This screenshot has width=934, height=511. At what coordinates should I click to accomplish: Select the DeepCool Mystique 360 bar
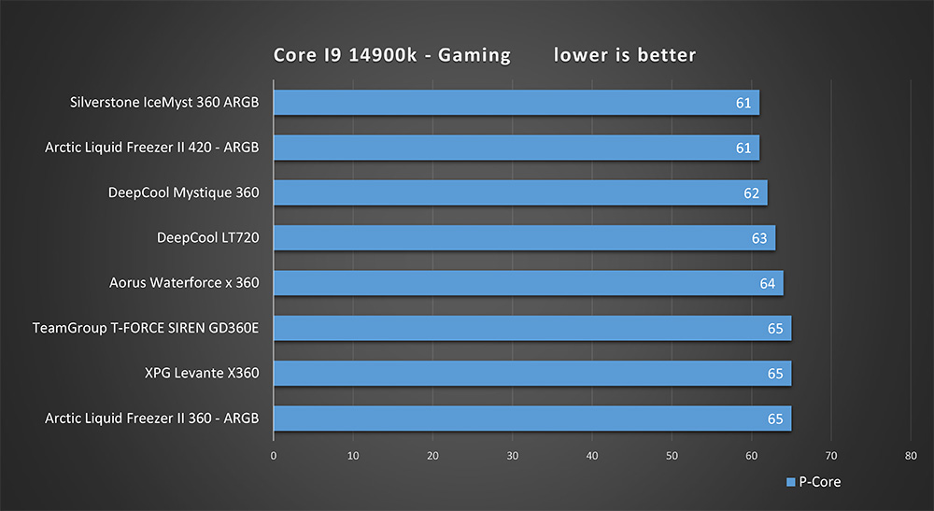coord(519,193)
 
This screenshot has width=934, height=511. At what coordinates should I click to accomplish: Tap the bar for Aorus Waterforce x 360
coord(528,283)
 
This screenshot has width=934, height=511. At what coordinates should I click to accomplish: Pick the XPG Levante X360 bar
coord(531,374)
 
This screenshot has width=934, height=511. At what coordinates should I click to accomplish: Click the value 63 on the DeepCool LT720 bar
coord(759,238)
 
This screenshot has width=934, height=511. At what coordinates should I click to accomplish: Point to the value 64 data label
coord(767,283)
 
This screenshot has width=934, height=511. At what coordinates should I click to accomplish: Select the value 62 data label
coord(751,193)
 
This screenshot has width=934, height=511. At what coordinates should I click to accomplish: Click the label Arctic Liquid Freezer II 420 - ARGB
coord(151,148)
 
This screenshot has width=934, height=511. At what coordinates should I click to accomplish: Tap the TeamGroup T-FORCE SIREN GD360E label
coord(145,328)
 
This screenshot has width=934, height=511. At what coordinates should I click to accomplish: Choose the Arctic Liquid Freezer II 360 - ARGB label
coord(151,418)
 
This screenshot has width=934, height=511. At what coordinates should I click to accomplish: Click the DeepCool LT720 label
coord(207,238)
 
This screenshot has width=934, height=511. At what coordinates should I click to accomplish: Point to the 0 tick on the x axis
coord(273,456)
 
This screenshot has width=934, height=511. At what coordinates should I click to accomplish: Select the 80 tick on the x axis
coord(911,456)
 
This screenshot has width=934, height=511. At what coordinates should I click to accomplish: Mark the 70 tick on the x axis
coord(831,456)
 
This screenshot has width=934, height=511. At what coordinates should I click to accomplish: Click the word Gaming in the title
coord(475,55)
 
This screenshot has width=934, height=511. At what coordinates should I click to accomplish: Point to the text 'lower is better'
coord(625,55)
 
